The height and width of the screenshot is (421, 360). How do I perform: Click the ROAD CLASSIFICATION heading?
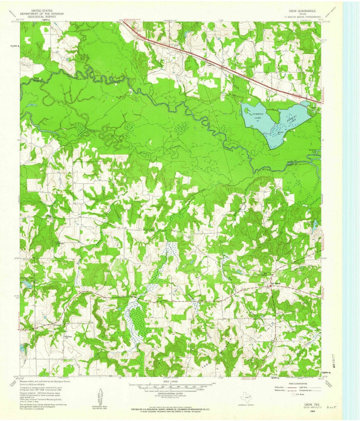[x=298, y=384]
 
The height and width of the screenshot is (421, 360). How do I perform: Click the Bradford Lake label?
[x=312, y=151]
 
